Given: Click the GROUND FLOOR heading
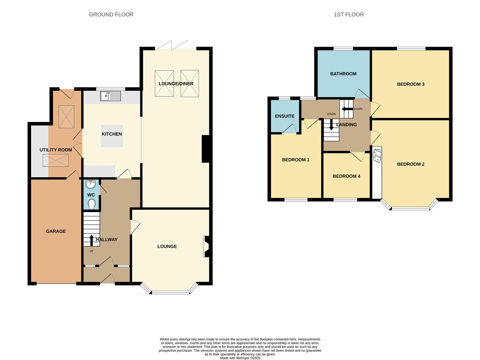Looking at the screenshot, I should (x=111, y=15).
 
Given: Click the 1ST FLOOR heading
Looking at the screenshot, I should (x=348, y=15).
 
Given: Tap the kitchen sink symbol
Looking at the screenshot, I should (x=111, y=96).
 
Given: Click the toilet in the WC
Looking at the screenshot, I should (x=92, y=204).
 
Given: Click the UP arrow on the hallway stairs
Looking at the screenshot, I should (x=91, y=240).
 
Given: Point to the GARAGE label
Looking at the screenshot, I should (x=56, y=231).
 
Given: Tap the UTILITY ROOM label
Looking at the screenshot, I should (x=56, y=150).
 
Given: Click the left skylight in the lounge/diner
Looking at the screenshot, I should (x=164, y=84).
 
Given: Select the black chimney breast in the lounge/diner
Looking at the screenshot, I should (x=206, y=149).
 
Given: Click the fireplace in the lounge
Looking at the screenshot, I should (x=206, y=246).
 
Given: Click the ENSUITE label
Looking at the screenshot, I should (x=284, y=116).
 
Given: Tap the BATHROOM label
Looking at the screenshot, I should (x=343, y=74).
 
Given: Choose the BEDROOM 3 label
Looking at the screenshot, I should (x=410, y=84).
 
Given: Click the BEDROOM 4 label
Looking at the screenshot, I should (x=346, y=176).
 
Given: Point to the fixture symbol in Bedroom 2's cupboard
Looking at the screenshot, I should (x=377, y=156).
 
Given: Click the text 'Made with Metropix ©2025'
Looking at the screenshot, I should (x=240, y=358).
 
